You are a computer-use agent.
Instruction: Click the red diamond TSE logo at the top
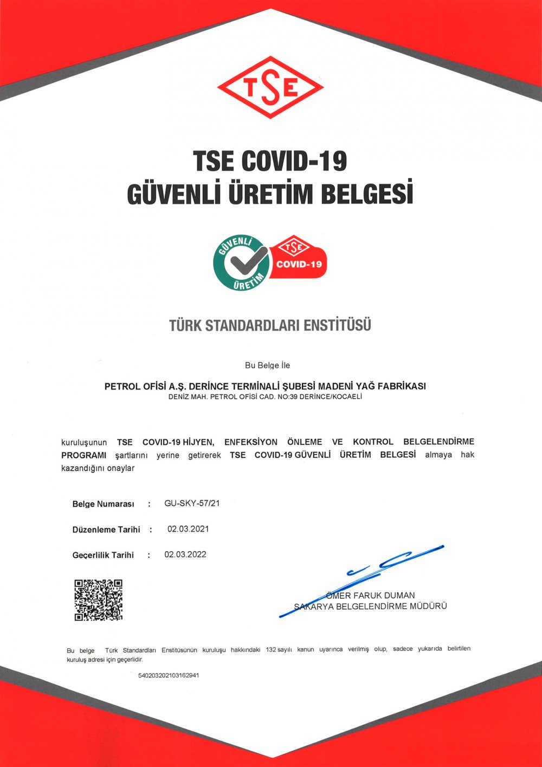pos(270,87)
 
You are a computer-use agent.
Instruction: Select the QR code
pos(98,599)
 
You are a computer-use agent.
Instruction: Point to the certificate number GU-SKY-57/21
pos(192,503)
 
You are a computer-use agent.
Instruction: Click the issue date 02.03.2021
pos(188,528)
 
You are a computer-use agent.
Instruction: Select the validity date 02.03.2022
pos(185,554)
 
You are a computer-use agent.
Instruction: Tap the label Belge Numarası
pos(103,504)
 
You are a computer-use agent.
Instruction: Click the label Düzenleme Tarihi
pos(106,529)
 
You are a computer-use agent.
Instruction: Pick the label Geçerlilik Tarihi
pos(103,555)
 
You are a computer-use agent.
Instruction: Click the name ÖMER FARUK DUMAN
pos(371,595)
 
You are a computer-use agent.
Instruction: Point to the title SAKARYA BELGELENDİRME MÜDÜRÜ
pos(371,606)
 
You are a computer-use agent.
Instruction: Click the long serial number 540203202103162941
pos(169,675)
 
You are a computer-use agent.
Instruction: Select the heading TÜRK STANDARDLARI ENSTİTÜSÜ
pos(270,325)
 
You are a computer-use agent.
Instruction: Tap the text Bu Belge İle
pos(267,365)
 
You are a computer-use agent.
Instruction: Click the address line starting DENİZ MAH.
pos(265,397)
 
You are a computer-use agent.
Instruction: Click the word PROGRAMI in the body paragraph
pos(83,455)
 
